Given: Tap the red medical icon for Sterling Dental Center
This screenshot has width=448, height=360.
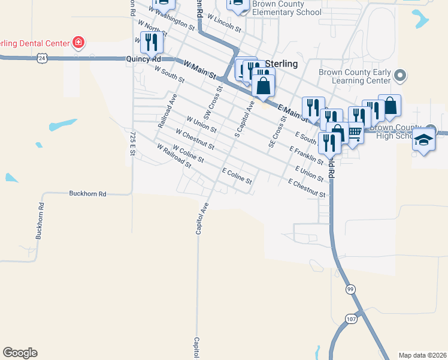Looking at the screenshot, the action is (78, 43).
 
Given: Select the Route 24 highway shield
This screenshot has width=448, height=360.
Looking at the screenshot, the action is (41, 58).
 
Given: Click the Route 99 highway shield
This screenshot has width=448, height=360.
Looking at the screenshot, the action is (350, 289).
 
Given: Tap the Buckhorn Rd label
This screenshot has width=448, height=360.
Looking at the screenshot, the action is (87, 194).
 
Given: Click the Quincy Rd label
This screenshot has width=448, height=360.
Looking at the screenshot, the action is (144, 59).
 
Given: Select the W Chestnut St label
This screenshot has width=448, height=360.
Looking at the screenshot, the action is (195, 138).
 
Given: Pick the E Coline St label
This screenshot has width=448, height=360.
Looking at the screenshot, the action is (237, 176).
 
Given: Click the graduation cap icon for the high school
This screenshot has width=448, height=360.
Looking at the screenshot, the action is (424, 140).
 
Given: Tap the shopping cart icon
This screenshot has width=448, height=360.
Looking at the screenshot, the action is (355, 133).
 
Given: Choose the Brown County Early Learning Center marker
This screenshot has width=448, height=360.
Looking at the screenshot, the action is (401, 76).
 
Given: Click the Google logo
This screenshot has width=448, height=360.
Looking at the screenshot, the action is (20, 353).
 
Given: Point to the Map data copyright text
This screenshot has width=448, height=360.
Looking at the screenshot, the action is (422, 355).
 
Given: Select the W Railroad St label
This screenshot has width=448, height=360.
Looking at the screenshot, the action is (173, 155).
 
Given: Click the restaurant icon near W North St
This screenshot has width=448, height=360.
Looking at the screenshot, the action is (151, 42).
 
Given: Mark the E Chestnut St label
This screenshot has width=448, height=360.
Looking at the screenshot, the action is (307, 188).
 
